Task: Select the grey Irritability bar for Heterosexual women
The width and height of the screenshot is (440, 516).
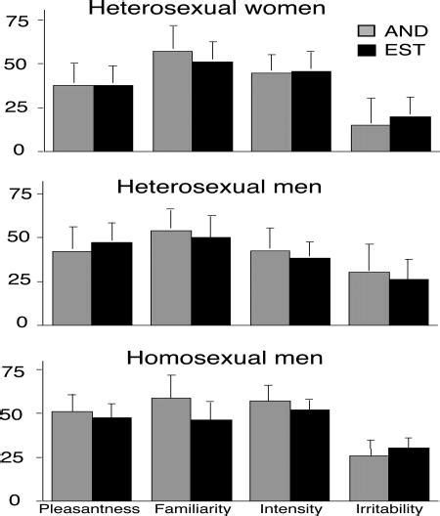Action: coord(371,137)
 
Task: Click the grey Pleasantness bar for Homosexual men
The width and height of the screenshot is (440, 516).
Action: coord(72,453)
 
